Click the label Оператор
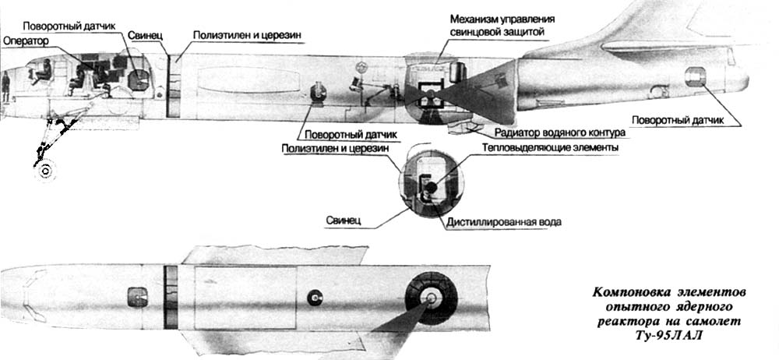[26, 40]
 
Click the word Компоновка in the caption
[627, 292]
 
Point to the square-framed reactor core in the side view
[428, 93]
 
